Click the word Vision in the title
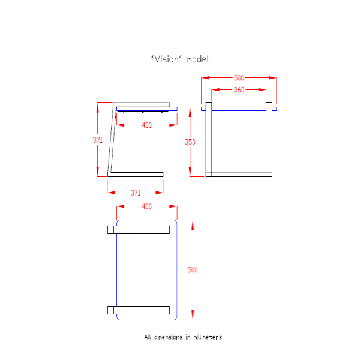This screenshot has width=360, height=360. (167, 59)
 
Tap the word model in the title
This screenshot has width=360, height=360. (197, 59)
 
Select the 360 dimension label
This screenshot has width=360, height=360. (239, 90)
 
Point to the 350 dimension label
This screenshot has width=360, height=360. (190, 142)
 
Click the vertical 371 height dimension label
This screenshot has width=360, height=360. (98, 140)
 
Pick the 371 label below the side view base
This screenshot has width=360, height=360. (136, 193)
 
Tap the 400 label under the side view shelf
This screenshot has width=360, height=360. (146, 125)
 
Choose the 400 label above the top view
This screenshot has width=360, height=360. (146, 206)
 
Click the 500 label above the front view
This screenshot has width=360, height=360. (239, 78)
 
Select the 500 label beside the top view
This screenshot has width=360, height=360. (193, 270)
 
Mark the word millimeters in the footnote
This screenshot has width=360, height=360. (206, 337)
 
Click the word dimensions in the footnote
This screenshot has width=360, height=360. (169, 337)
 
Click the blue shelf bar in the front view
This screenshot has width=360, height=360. (239, 109)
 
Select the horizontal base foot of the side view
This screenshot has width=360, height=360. (136, 174)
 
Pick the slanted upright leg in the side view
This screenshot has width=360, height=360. (110, 138)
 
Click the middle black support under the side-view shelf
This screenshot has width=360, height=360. (143, 112)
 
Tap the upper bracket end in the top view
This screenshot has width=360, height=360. (112, 230)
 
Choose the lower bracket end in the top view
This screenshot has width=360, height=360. (112, 310)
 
